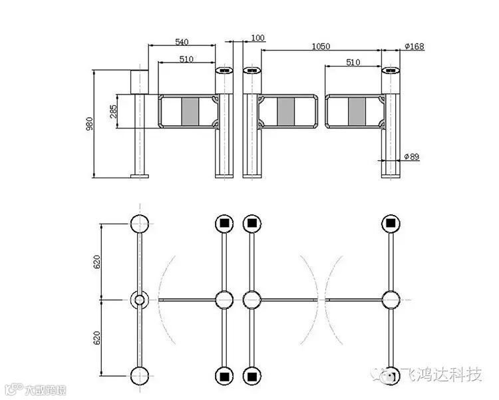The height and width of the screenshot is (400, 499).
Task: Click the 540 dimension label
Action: [182, 41]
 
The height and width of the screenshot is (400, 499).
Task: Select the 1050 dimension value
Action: [321, 46]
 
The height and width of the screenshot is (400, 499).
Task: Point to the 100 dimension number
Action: [258, 38]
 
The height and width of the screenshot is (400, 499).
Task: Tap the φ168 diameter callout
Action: [414, 47]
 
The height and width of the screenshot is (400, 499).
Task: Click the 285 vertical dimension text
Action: [114, 111]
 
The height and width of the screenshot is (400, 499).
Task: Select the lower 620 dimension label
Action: [97, 338]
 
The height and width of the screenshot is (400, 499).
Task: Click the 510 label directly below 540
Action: [186, 59]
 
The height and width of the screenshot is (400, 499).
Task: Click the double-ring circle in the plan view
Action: [139, 300]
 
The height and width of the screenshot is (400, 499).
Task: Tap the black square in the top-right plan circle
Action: [391, 223]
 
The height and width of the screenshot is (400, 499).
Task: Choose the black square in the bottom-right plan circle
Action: [391, 377]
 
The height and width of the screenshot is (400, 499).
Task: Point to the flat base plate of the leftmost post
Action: [140, 176]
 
